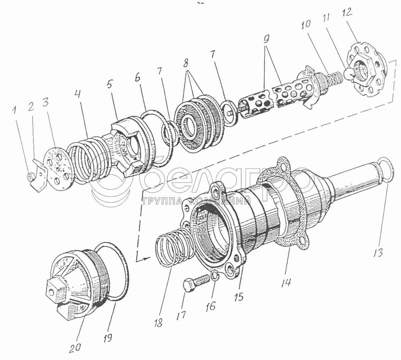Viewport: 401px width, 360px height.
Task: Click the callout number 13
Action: tap(379, 252)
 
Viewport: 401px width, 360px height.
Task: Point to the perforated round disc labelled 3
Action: tap(59, 165)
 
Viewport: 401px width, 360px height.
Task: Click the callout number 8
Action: tap(186, 62)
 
